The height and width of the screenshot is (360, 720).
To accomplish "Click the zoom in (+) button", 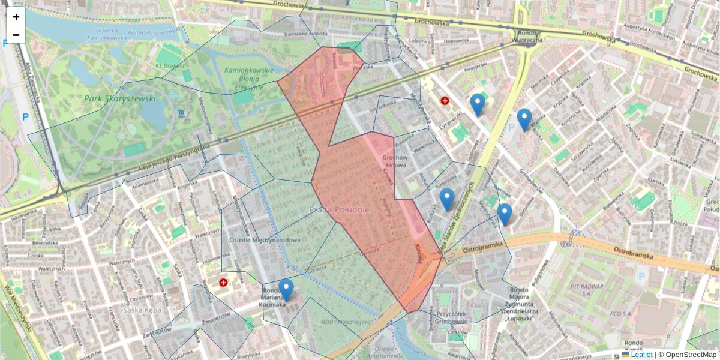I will click(x=16, y=17).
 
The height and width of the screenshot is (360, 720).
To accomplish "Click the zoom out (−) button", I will click(x=16, y=35).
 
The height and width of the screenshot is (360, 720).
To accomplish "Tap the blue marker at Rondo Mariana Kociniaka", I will click(x=286, y=290).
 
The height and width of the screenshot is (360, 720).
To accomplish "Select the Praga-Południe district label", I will click(x=340, y=209).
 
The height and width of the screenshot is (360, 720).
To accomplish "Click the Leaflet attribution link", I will click(x=641, y=355).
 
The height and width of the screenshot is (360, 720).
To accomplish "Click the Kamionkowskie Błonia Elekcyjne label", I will click(x=244, y=79).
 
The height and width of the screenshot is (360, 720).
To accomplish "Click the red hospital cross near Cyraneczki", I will click(x=445, y=101).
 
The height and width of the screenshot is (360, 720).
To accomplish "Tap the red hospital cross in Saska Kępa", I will click(x=224, y=282).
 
